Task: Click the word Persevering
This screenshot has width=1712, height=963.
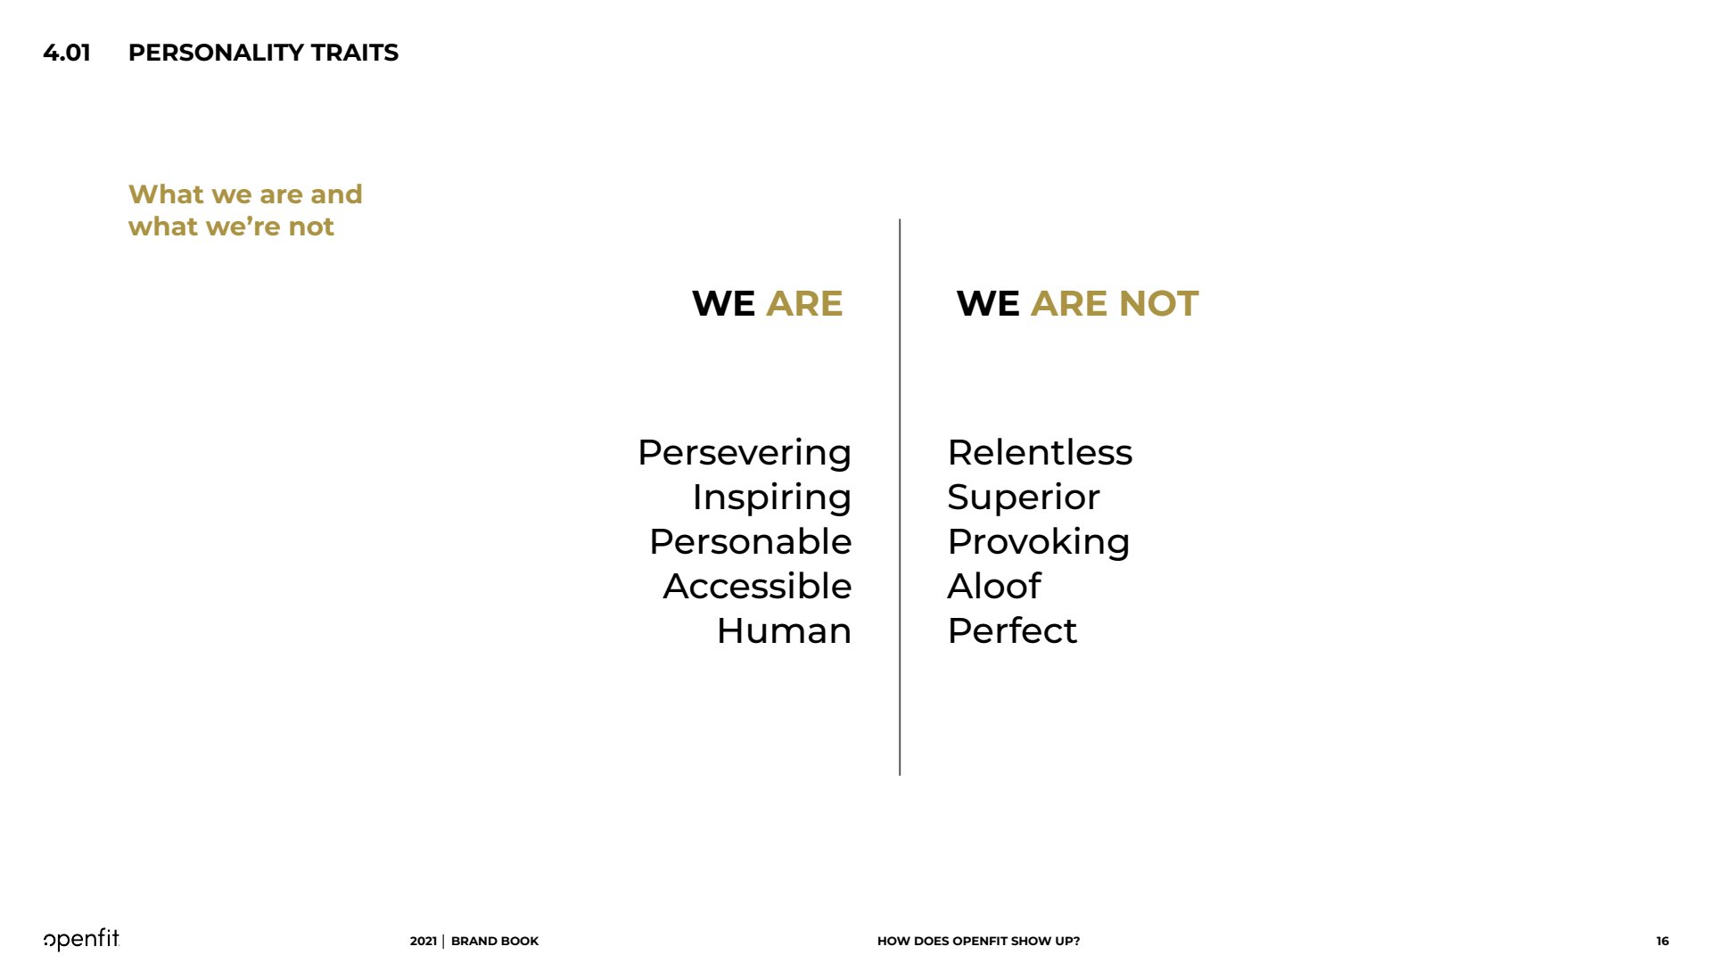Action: pos(745,454)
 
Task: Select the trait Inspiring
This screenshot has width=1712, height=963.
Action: pos(772,498)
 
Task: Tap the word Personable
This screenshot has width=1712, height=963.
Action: pos(751,541)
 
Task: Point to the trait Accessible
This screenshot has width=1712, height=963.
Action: pos(758,586)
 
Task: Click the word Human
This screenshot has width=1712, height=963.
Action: pos(785,630)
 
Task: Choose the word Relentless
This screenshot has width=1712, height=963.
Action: pos(1040,452)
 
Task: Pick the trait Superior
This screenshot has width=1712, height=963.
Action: pos(1024,498)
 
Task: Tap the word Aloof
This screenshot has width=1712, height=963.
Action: pos(994,586)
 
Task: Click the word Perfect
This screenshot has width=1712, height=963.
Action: pos(1012,630)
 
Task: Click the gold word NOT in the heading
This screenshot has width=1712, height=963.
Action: pos(1158,303)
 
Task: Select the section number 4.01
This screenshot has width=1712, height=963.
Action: pos(67,53)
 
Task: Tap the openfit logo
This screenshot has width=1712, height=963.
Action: pos(81,939)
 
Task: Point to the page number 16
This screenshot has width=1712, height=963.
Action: pos(1663,941)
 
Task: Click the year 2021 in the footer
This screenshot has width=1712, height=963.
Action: pos(424,941)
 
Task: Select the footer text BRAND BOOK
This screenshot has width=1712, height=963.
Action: pos(495,941)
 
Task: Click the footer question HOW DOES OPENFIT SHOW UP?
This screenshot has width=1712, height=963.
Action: pos(978,941)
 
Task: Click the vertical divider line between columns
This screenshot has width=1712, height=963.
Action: pos(900,497)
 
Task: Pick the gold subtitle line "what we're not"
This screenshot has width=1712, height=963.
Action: pos(231,226)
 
